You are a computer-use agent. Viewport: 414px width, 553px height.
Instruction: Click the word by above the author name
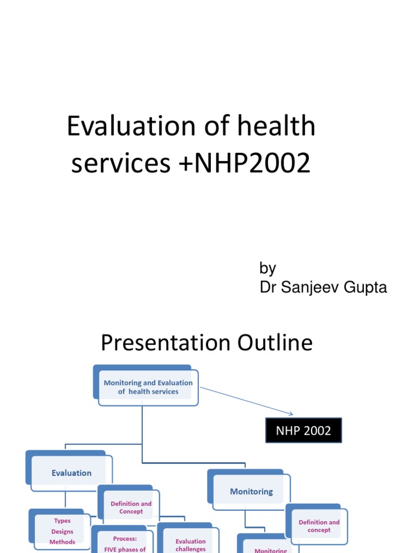[x=268, y=268]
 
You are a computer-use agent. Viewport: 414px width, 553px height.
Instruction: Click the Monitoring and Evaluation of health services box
[x=148, y=387]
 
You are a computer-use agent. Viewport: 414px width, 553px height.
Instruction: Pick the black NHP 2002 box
[x=303, y=430]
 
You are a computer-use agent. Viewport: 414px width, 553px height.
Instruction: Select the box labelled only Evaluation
[x=72, y=473]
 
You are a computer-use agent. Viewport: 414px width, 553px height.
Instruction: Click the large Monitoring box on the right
[x=251, y=491]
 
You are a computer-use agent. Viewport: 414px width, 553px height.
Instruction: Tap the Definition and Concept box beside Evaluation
[x=131, y=507]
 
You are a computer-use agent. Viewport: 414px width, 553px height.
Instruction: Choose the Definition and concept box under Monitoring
[x=319, y=525]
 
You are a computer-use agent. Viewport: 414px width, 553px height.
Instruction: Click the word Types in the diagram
[x=62, y=521]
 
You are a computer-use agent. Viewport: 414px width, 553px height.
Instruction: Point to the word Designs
[x=62, y=531]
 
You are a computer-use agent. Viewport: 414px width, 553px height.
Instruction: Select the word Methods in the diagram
[x=62, y=542]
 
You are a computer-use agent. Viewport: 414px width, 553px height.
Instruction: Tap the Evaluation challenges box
[x=190, y=544]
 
